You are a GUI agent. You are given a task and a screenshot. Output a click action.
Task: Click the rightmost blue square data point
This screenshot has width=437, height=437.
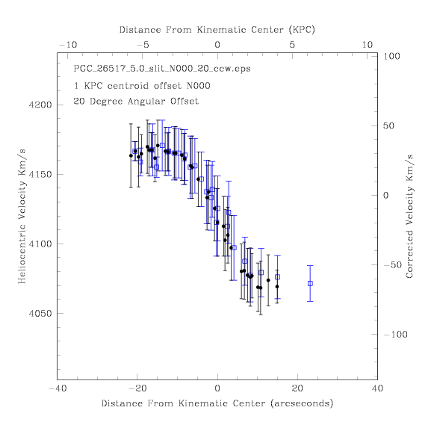coord(310,283)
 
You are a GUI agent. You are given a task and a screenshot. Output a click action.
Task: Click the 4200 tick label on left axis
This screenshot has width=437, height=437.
coord(40,105)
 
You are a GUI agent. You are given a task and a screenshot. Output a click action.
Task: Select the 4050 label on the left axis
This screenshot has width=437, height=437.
coord(40,314)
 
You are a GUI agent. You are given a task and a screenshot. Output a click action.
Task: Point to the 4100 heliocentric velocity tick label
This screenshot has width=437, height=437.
coord(40,244)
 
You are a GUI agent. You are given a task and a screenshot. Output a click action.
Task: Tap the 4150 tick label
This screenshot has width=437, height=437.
coord(40,175)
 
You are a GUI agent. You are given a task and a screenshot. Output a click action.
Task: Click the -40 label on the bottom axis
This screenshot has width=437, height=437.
coord(58,388)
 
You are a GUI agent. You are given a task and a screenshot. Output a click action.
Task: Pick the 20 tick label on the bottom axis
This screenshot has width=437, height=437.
coord(297,388)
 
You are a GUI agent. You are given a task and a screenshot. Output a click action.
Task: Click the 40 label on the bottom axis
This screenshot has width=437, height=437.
coord(377,388)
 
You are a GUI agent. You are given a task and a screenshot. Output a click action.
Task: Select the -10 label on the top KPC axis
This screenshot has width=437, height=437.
coord(68,45)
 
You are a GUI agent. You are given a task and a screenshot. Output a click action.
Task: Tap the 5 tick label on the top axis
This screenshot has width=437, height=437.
coord(292,45)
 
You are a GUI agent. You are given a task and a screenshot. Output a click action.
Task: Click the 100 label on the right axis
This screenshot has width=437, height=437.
coord(391,56)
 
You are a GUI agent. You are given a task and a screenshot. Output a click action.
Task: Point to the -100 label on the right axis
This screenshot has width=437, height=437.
coord(395,334)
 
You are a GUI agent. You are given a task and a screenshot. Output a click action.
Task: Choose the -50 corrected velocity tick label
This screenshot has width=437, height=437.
coord(393,264)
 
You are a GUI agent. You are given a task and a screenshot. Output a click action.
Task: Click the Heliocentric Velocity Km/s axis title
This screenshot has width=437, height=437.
coord(22,217)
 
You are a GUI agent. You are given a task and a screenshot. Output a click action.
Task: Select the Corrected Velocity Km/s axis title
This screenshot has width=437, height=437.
coord(409,217)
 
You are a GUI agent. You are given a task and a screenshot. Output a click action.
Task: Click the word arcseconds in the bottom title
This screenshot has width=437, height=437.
coord(302,403)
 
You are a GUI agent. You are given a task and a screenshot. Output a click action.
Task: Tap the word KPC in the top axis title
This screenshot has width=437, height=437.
coord(302,30)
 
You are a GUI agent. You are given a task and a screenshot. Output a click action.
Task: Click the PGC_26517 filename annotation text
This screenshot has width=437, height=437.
coord(162,69)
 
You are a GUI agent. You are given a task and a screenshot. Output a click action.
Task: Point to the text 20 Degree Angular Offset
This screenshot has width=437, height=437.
coord(136,101)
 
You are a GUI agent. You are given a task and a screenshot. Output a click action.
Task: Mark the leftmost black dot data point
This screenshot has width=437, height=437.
coord(131,155)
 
